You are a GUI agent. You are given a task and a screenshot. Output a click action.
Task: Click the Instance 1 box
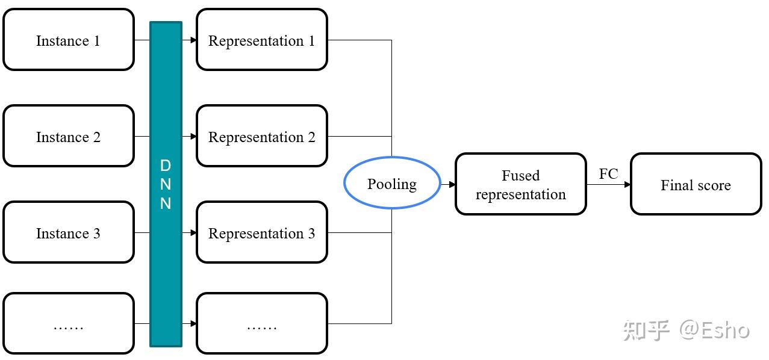[x=68, y=40]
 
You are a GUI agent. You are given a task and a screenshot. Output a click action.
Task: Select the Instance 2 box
[x=68, y=137]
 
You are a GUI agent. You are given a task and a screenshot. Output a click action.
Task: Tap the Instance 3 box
[x=68, y=233]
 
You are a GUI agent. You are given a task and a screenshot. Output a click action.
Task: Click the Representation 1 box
[x=261, y=40]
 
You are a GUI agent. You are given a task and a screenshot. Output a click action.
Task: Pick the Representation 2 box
[x=261, y=137]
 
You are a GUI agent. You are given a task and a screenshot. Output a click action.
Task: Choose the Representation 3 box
[x=261, y=233]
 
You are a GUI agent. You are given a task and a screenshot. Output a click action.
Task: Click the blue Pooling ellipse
[x=392, y=184]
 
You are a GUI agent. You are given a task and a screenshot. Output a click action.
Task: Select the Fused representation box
[x=520, y=184]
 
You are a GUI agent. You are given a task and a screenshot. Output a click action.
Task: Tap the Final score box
[x=696, y=184]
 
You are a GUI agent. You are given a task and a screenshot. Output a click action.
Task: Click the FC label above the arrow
[x=608, y=174]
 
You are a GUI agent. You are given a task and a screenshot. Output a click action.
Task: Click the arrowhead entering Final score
[x=627, y=184]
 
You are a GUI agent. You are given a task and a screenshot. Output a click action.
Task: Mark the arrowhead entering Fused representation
[x=452, y=184]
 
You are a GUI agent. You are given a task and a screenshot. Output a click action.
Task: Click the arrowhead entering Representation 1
[x=193, y=40]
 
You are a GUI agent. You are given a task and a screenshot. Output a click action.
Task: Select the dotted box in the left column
[x=68, y=323]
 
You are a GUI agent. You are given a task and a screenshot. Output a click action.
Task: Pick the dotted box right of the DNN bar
[x=261, y=323]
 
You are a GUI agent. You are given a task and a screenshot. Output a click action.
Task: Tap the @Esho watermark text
[x=715, y=330]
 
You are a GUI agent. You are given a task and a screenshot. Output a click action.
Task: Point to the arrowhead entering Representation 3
[x=193, y=233]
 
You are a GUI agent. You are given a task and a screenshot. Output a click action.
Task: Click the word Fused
[x=520, y=176]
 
